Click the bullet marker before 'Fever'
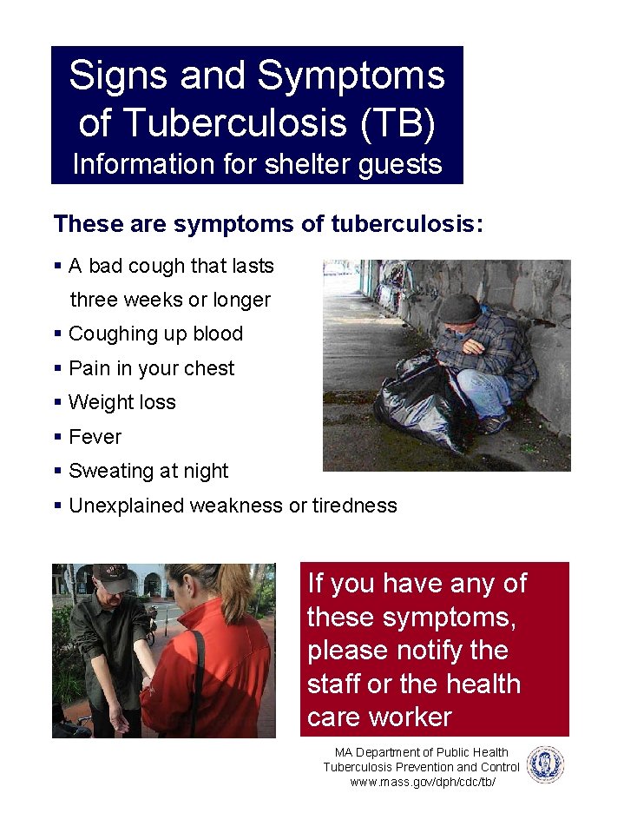(57, 437)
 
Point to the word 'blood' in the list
(217, 334)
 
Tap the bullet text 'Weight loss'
(122, 402)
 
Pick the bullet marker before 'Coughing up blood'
(57, 334)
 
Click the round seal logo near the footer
(545, 765)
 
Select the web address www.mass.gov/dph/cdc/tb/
(422, 782)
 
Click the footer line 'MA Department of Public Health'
(422, 752)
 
